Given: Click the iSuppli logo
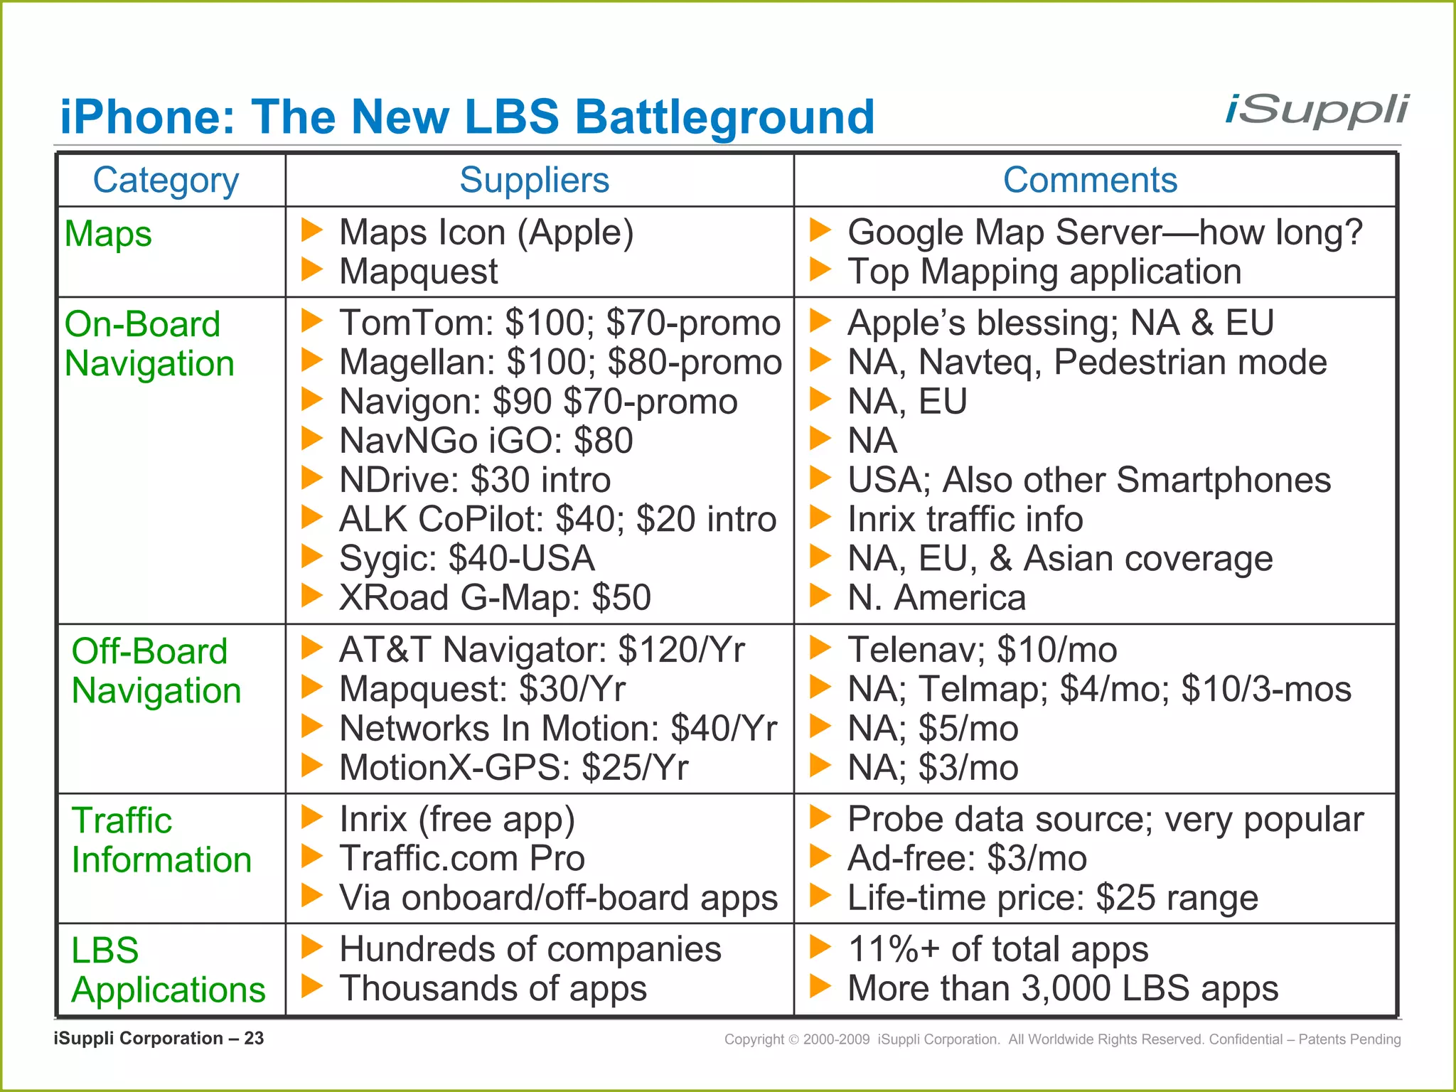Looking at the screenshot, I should [1316, 112].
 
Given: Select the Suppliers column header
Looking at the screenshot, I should [534, 180].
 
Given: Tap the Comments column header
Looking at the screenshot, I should [1090, 180].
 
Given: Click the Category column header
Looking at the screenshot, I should [166, 181].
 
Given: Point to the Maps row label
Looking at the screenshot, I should [108, 234].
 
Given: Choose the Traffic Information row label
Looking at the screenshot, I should [161, 840].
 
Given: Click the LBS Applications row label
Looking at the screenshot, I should [168, 970].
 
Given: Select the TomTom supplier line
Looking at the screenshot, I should [560, 323].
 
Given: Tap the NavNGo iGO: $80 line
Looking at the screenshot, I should [486, 441].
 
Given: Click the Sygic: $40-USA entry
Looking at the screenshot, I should [466, 558].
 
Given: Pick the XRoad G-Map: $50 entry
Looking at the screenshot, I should [495, 597].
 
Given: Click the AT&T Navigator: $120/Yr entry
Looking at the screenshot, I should [542, 650].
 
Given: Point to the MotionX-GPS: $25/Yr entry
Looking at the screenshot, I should [513, 768].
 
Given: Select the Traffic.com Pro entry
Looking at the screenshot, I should [461, 858].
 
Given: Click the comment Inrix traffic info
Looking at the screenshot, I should [965, 519].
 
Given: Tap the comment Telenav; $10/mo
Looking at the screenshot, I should [982, 650].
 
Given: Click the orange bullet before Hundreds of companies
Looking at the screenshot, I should [311, 947].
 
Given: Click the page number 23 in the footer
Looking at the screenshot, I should [254, 1039].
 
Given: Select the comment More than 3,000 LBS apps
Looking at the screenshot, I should [1062, 988].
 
